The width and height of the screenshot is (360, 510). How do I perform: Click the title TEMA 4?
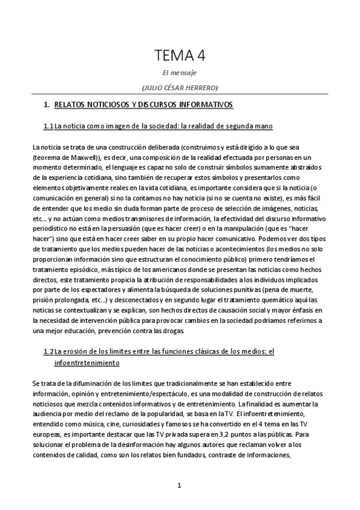click(180, 56)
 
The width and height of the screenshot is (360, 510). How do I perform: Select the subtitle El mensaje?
click(180, 73)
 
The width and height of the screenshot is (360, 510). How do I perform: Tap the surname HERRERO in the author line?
click(201, 87)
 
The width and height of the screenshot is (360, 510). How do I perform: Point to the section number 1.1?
click(48, 126)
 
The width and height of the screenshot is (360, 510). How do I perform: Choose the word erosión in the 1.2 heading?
click(76, 351)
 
